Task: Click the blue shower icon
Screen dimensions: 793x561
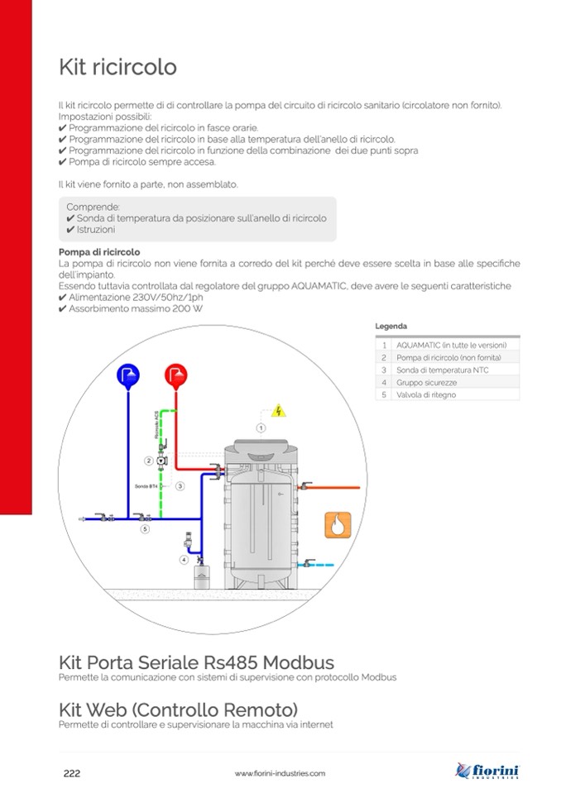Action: pyautogui.click(x=128, y=375)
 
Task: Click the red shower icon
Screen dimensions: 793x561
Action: pyautogui.click(x=175, y=375)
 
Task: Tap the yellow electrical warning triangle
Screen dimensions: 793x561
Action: pyautogui.click(x=279, y=410)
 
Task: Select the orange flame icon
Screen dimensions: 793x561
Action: pyautogui.click(x=338, y=524)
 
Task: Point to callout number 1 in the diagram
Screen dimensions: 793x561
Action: pyautogui.click(x=260, y=428)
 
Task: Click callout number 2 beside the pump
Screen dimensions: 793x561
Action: pyautogui.click(x=148, y=461)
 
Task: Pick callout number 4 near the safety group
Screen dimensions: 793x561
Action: pyautogui.click(x=183, y=560)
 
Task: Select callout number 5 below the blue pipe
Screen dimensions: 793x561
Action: pyautogui.click(x=144, y=528)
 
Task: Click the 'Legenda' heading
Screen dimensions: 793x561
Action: pyautogui.click(x=391, y=327)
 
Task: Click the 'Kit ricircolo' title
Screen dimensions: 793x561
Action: pyautogui.click(x=117, y=66)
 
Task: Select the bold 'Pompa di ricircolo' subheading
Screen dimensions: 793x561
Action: pyautogui.click(x=99, y=252)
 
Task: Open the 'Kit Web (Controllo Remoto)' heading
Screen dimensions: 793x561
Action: pyautogui.click(x=178, y=709)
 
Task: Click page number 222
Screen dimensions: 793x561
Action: pyautogui.click(x=72, y=773)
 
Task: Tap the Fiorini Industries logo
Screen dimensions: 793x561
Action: pyautogui.click(x=487, y=772)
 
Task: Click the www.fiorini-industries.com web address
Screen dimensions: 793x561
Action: pyautogui.click(x=280, y=773)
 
